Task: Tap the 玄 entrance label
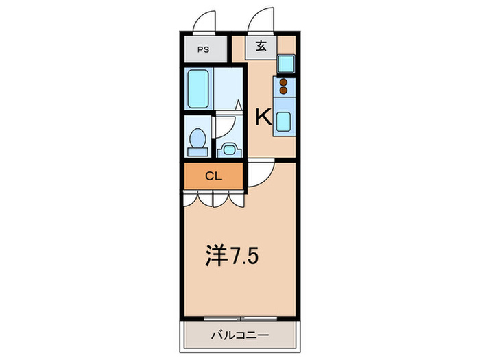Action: click(x=262, y=47)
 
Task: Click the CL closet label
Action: click(x=213, y=176)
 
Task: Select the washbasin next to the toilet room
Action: click(x=228, y=146)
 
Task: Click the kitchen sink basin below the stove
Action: click(x=284, y=122)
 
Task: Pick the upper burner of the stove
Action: click(x=284, y=82)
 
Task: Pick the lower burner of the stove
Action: click(x=284, y=90)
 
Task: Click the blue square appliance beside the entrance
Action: click(x=286, y=64)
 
